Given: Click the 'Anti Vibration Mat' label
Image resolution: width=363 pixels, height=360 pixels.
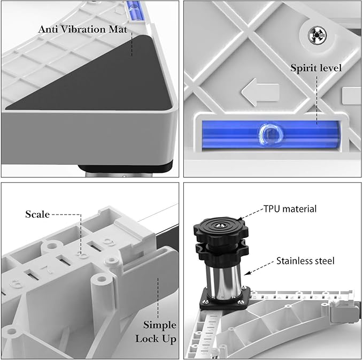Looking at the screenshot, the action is click(x=83, y=29).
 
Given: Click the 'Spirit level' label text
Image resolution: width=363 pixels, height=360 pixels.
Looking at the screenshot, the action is click(x=316, y=68).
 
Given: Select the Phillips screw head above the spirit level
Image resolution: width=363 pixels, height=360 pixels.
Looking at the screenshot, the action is click(x=317, y=35).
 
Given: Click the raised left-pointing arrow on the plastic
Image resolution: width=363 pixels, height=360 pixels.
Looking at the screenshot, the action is click(x=260, y=92).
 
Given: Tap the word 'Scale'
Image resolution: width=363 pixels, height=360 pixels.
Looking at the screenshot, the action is click(x=37, y=215).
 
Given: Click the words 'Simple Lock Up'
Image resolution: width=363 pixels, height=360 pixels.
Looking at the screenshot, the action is click(x=156, y=332).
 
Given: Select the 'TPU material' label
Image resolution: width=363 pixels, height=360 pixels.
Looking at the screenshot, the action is click(x=290, y=209).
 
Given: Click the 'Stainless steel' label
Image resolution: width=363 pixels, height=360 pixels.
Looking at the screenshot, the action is click(x=305, y=261).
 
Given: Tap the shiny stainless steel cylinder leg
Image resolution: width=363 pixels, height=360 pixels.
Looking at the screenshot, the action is click(x=223, y=280).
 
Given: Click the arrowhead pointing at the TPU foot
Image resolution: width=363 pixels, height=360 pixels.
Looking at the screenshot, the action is click(x=240, y=218).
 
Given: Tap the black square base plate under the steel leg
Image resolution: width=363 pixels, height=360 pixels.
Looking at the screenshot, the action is click(x=225, y=298).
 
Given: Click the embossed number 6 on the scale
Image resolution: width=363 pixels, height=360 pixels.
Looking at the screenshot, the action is click(x=16, y=283).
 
